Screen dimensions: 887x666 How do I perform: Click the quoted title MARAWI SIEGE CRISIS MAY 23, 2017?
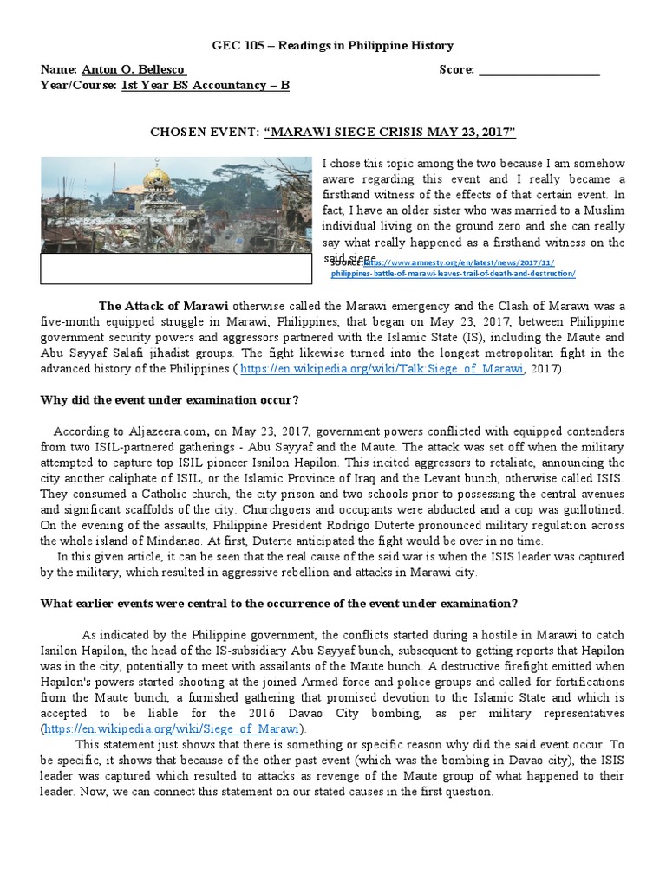click(x=395, y=131)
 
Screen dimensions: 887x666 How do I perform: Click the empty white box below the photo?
click(x=176, y=269)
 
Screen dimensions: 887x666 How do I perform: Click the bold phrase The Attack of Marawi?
click(x=164, y=306)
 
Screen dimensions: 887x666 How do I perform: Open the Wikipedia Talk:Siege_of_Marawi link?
click(x=382, y=368)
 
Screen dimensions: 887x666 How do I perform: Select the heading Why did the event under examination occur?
click(x=170, y=399)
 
